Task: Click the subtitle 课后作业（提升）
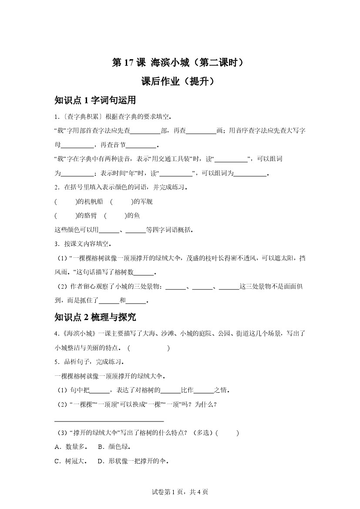(x=180, y=81)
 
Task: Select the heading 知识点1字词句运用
(x=95, y=101)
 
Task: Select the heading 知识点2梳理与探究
(x=95, y=317)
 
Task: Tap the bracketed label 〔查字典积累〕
(x=81, y=117)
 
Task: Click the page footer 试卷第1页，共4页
(x=180, y=492)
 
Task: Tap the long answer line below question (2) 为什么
(x=109, y=421)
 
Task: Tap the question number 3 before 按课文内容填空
(x=57, y=243)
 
